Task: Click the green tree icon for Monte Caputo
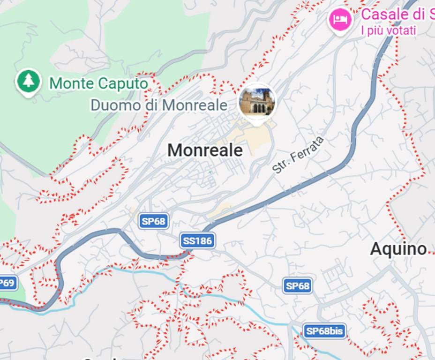(x=29, y=82)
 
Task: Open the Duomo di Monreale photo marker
(x=257, y=102)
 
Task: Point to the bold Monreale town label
(x=205, y=150)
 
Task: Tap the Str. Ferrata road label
(x=298, y=155)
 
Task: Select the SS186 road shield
(x=197, y=241)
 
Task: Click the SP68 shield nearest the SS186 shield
(x=154, y=221)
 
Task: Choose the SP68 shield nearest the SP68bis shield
(x=298, y=285)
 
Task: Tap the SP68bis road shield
(x=324, y=331)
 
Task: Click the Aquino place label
(x=398, y=249)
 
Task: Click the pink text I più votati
(x=388, y=30)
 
